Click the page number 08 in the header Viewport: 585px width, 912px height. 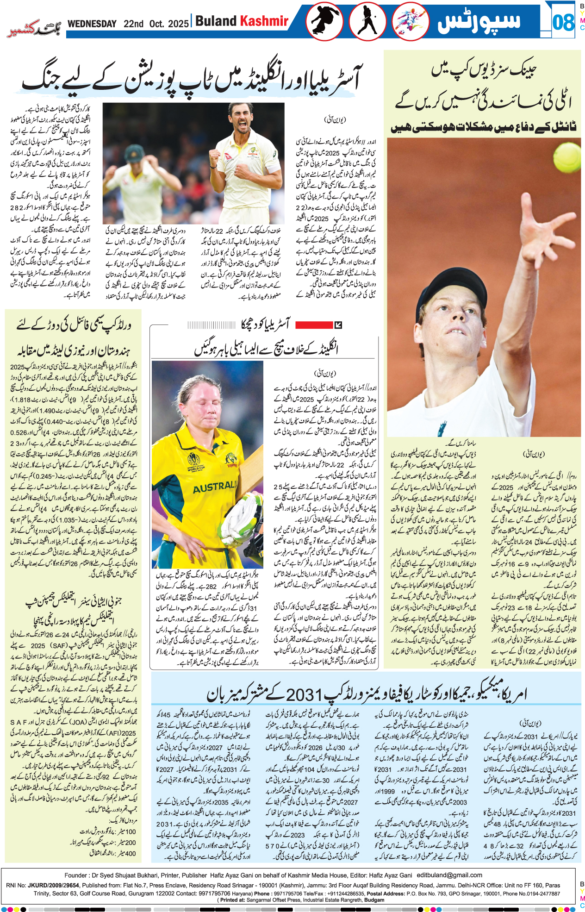[563, 22]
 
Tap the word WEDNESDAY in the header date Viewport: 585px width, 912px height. [92, 24]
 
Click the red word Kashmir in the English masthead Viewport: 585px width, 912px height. [264, 21]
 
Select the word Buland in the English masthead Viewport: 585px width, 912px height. [216, 21]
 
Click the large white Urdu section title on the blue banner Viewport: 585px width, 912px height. [479, 22]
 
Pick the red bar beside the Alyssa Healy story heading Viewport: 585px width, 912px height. [314, 325]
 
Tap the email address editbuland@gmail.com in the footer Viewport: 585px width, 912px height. [449, 875]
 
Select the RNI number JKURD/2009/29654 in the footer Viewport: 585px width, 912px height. [54, 885]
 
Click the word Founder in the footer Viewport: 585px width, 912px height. [76, 875]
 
